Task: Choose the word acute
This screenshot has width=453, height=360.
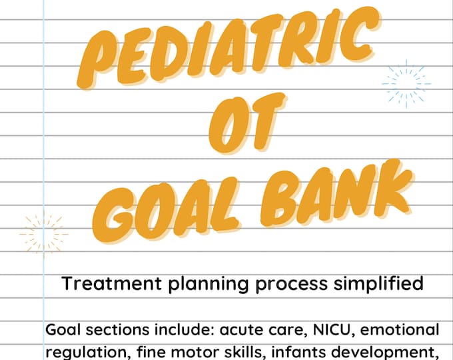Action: pyautogui.click(x=225, y=330)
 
